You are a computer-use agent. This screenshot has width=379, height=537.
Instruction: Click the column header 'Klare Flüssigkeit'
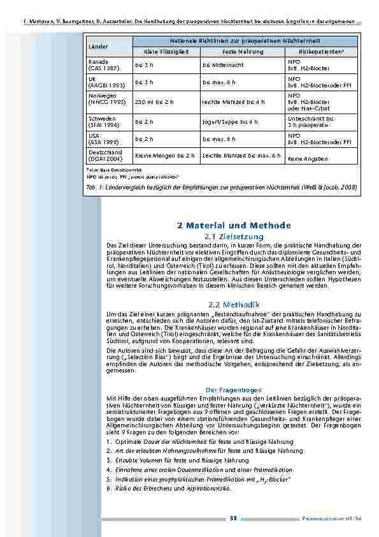coord(156,50)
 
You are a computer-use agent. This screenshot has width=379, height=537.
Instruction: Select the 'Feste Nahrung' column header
coord(238,50)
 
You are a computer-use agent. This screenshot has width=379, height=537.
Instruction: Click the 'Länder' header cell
coord(99,47)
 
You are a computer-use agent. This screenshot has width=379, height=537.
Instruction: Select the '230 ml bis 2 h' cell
coord(156,101)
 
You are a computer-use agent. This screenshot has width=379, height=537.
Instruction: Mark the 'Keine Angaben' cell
coord(308,158)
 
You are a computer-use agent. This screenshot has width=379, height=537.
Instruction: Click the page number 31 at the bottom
coord(233,519)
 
